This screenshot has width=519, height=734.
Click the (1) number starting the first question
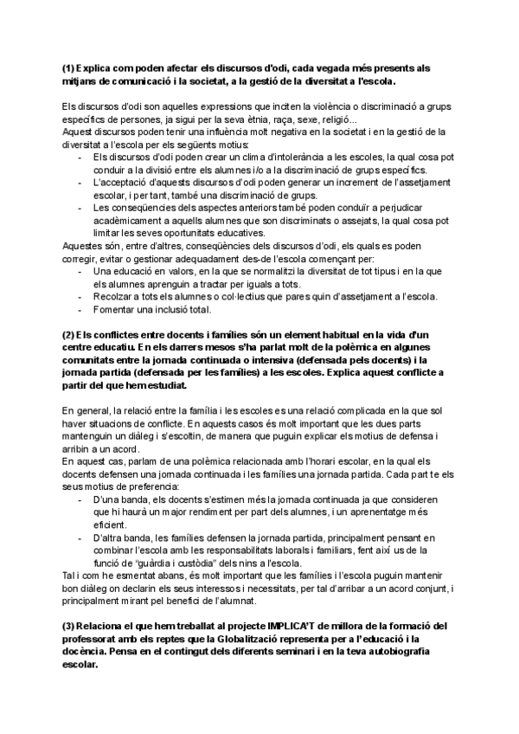(68, 68)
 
